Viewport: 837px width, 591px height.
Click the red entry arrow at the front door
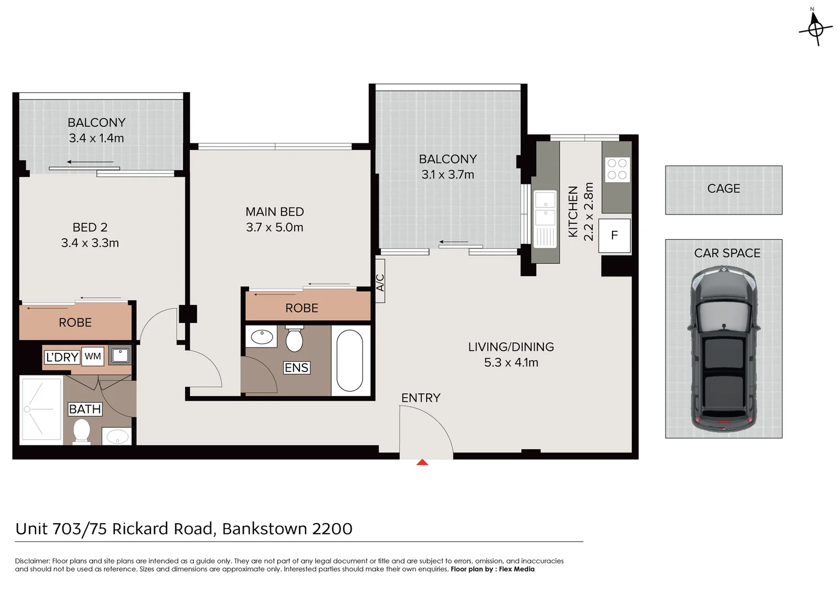[422, 462]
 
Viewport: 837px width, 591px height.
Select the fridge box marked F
[614, 235]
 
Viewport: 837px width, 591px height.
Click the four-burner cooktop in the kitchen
[617, 169]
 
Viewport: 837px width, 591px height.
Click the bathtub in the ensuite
[349, 360]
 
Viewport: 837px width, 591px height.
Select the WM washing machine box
[93, 356]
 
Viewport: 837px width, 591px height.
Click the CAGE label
[723, 189]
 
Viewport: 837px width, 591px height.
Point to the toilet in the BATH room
[82, 431]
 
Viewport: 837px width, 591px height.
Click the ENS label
[296, 368]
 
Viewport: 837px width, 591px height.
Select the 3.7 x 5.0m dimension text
[274, 228]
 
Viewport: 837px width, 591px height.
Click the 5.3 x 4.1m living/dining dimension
[511, 363]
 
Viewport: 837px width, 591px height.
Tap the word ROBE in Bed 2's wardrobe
[75, 323]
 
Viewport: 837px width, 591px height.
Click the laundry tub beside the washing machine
[119, 356]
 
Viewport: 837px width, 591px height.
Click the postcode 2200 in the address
[332, 529]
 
